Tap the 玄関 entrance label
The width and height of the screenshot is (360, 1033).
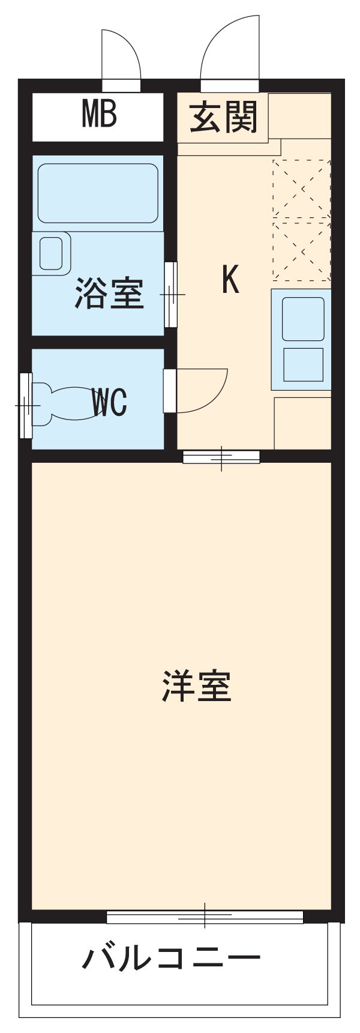pyautogui.click(x=224, y=118)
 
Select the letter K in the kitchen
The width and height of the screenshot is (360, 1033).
pyautogui.click(x=230, y=280)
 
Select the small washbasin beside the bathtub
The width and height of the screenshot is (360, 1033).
pyautogui.click(x=50, y=253)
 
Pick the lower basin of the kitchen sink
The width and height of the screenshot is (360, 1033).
pyautogui.click(x=303, y=364)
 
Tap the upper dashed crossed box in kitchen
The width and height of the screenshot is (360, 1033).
pyautogui.click(x=301, y=188)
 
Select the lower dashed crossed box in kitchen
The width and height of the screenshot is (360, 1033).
pyautogui.click(x=301, y=250)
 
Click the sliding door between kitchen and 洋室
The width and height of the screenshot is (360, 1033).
pyautogui.click(x=221, y=457)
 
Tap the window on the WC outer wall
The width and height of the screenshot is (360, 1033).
pyautogui.click(x=26, y=405)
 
